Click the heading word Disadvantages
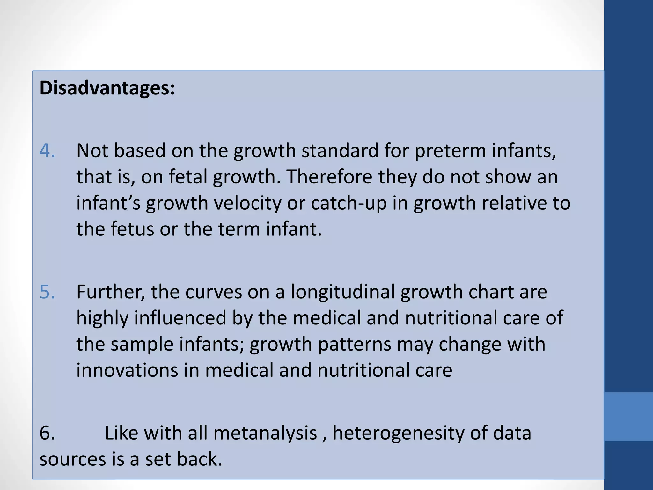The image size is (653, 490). pos(107,88)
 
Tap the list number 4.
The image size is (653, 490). pos(47,151)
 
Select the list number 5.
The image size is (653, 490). pos(47,292)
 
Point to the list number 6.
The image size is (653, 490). pos(47,433)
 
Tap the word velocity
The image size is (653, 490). pos(247,203)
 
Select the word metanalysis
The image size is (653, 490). pos(265,433)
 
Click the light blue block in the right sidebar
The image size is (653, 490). pos(628,417)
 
